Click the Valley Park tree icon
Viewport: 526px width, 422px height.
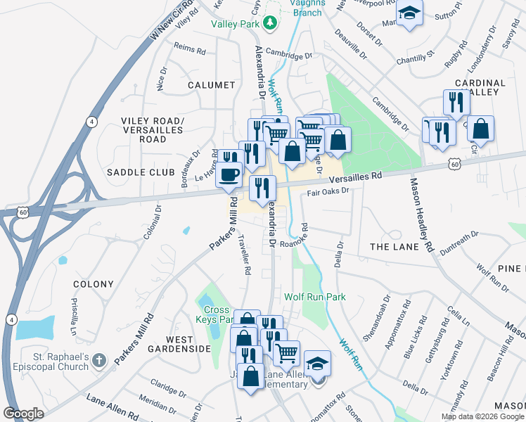pyautogui.click(x=270, y=23)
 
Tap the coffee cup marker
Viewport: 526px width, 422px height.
pyautogui.click(x=230, y=174)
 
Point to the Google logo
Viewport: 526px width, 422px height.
pyautogui.click(x=23, y=414)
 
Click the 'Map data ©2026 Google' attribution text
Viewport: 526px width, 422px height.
pyautogui.click(x=482, y=416)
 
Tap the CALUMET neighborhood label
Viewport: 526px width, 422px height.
pyautogui.click(x=211, y=85)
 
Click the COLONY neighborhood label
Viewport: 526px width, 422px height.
pyautogui.click(x=94, y=284)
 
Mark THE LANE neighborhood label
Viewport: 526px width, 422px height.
pyautogui.click(x=394, y=247)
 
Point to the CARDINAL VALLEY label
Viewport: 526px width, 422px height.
pyautogui.click(x=480, y=87)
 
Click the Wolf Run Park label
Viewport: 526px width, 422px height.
pyautogui.click(x=315, y=297)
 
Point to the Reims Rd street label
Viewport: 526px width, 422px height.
pyautogui.click(x=190, y=51)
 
